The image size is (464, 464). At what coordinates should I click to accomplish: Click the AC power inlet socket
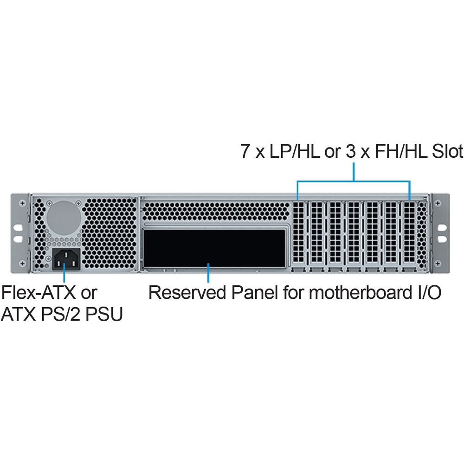(66, 259)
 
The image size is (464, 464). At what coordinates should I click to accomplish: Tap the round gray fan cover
(64, 218)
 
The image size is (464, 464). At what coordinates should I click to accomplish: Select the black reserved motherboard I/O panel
(214, 248)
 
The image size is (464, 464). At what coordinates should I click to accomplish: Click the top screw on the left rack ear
(22, 203)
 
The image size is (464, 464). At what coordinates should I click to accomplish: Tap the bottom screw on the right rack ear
(438, 263)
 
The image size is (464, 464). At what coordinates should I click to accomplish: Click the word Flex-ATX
(39, 292)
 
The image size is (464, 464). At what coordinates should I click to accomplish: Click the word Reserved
(187, 292)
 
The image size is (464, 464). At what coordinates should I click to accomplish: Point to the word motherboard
(358, 292)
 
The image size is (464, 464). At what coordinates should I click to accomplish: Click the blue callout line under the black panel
(209, 273)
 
